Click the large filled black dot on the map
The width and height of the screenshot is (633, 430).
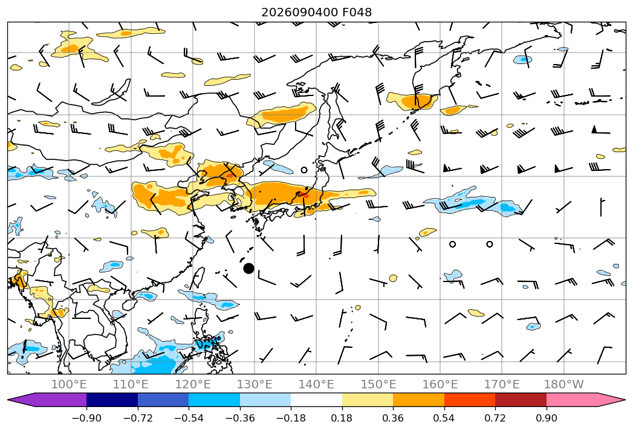248,268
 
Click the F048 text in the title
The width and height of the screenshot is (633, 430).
357,12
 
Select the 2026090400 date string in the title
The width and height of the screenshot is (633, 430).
299,12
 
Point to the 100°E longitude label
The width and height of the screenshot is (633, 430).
69,384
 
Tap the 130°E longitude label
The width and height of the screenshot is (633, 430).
255,384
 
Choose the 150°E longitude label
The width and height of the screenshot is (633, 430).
378,384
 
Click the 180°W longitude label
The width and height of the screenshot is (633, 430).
564,384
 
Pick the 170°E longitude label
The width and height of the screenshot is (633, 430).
502,384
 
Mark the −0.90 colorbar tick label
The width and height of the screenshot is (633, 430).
86,418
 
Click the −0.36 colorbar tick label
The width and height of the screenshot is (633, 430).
240,418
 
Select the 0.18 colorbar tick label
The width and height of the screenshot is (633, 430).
342,418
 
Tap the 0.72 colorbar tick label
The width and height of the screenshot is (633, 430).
495,418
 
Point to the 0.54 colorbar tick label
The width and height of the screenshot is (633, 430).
444,418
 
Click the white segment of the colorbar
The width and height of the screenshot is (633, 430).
317,399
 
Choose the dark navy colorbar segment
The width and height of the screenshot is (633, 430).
112,399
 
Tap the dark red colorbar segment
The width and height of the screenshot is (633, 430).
521,399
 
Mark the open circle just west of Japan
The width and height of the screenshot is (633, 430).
304,170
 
